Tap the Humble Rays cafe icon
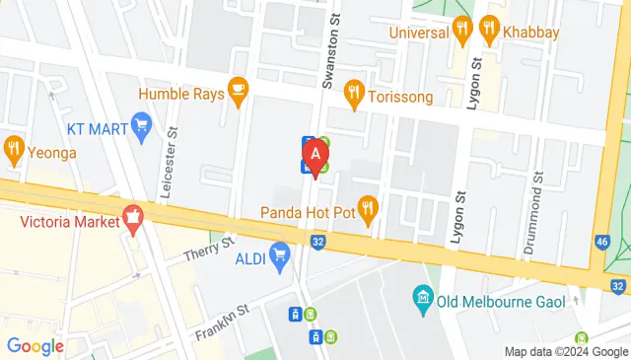click(x=237, y=91)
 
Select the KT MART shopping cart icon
click(x=141, y=125)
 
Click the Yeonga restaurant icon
click(x=13, y=151)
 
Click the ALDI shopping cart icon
click(x=279, y=257)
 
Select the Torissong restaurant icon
click(x=354, y=94)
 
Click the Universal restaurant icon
click(x=460, y=31)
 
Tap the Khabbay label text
click(x=531, y=33)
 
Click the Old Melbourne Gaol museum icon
click(x=422, y=296)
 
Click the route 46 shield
click(x=603, y=242)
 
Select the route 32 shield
click(x=318, y=240)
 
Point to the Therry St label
click(x=210, y=249)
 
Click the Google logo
click(x=35, y=345)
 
